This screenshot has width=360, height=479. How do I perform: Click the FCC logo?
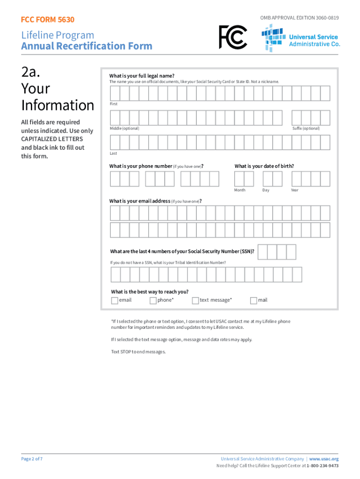pos(233,37)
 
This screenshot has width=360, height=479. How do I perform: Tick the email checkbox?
pos(115,301)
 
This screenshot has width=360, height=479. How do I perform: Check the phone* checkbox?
pos(153,301)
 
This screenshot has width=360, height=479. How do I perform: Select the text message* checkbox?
pos(195,301)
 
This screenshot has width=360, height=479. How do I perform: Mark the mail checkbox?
pos(253,301)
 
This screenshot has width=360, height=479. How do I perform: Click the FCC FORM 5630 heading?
pos(48,20)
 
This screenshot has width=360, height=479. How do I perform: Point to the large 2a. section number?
pos(32,73)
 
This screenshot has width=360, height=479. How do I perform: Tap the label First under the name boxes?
pos(114,104)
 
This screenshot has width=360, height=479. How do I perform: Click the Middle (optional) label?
pos(124,128)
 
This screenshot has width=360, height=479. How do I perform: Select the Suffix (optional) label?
pos(306,128)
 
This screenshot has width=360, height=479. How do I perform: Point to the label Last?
pos(113,153)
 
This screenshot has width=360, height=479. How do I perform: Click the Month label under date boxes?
pos(240,190)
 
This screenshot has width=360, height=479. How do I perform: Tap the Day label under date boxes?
pos(266,190)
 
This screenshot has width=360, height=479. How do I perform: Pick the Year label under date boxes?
pos(295,190)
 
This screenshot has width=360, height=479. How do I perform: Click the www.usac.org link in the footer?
pos(324,459)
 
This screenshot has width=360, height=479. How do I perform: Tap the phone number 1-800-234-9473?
pos(323,466)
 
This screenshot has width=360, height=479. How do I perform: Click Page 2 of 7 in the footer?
pos(32,459)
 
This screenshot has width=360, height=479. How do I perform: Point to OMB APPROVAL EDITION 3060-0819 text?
pos(299,18)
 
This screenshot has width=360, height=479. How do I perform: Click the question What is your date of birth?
pos(264,166)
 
